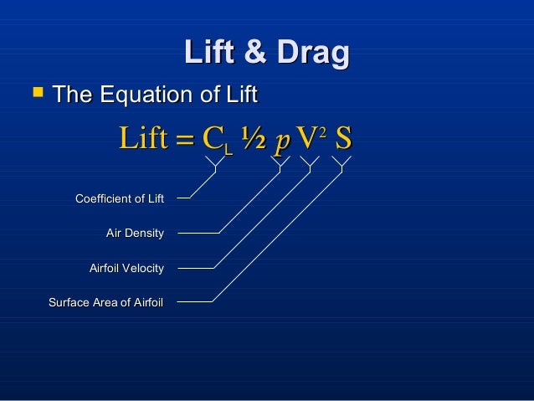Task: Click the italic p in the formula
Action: [x=282, y=141]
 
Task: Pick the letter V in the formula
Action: [x=306, y=139]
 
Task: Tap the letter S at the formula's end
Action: [x=342, y=139]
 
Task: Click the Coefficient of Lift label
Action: [x=119, y=198]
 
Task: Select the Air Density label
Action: [x=134, y=233]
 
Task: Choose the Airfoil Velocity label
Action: [x=126, y=268]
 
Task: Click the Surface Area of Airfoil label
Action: [x=105, y=302]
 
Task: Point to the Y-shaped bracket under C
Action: [x=216, y=164]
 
